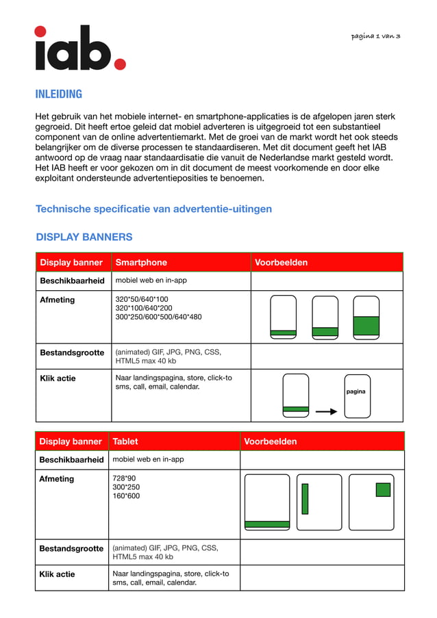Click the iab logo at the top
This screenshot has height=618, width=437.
tap(80, 48)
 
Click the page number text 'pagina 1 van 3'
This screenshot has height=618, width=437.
tap(375, 36)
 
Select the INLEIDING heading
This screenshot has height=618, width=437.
tap(59, 94)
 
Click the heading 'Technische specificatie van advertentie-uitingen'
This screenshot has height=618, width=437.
tap(153, 209)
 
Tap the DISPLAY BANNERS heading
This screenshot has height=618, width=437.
tap(84, 237)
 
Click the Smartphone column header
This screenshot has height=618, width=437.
tap(141, 262)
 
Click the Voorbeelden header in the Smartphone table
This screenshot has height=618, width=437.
tap(281, 262)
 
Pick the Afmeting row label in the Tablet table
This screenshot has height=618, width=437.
tap(57, 479)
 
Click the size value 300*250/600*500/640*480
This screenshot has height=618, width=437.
tap(158, 317)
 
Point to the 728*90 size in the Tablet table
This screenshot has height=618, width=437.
tap(124, 478)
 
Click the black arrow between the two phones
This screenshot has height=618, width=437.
tap(327, 411)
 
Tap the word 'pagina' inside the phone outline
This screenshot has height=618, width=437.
tap(356, 392)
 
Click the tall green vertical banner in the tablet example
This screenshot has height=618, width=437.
tap(305, 498)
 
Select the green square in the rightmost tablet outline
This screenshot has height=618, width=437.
tap(383, 489)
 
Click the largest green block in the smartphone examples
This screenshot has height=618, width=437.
tap(366, 326)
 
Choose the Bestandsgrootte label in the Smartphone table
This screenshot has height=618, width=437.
tap(72, 353)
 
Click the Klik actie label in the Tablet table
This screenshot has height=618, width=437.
tap(57, 574)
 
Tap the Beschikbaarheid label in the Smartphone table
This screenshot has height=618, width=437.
tap(72, 281)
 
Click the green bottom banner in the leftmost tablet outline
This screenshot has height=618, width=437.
tap(267, 524)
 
